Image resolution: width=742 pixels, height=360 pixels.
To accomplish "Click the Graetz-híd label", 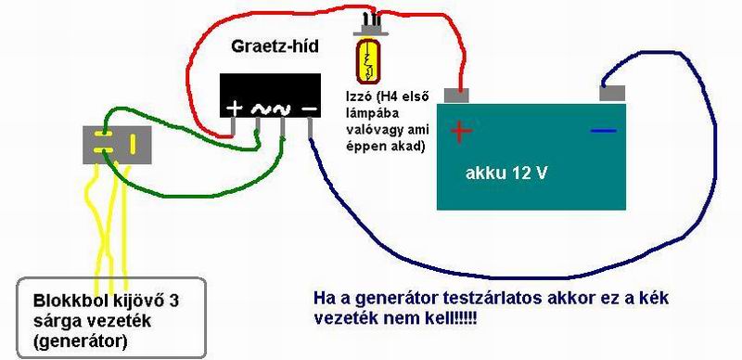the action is tap(275, 47).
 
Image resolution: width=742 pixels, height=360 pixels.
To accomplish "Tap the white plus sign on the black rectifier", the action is tap(235, 109).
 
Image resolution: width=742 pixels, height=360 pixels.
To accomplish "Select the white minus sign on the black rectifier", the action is tap(310, 109).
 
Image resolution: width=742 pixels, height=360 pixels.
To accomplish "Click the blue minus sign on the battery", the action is tap(604, 130).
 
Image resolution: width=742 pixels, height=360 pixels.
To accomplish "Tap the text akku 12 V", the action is tap(505, 174).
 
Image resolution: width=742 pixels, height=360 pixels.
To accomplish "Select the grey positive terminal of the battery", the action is tap(456, 96).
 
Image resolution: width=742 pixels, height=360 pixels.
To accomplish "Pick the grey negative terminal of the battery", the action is tap(612, 94).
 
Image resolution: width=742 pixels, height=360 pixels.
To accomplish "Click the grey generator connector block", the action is tap(117, 145).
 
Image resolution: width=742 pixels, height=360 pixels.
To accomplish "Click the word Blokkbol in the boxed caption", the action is tap(63, 302).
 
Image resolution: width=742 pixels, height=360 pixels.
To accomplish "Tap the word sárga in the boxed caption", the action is tap(53, 321).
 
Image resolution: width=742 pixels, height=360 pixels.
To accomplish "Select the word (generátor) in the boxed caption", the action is tap(80, 341).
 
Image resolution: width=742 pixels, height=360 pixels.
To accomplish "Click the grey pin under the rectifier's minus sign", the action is tap(310, 127).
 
